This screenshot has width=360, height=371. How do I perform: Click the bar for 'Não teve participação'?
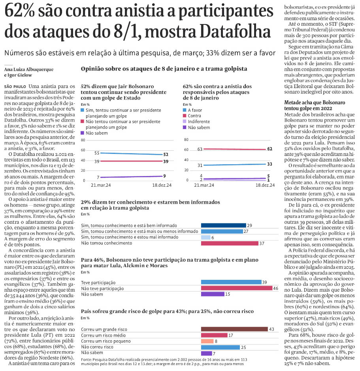234,288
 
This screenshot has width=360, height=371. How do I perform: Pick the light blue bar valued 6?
205,237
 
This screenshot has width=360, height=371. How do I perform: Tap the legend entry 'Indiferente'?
199,122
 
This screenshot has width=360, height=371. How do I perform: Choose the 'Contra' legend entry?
194,116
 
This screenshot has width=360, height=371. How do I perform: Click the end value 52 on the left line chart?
166,154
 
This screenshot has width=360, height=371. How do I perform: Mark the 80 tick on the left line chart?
83,140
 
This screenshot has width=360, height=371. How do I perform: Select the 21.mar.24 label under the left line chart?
101,185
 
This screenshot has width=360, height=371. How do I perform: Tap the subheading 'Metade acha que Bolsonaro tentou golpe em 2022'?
315,105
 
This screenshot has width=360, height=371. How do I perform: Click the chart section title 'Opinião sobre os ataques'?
164,69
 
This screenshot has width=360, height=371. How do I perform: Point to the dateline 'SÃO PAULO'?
15,86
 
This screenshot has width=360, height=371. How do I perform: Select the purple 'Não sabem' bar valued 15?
213,294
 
